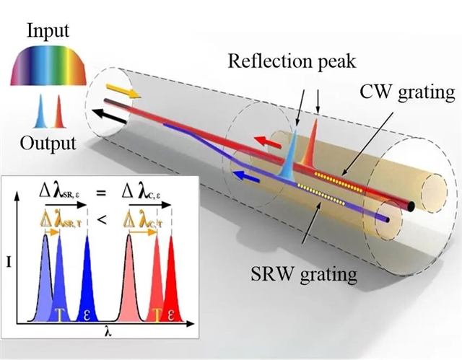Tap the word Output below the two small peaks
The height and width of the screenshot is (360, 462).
(x=48, y=142)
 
